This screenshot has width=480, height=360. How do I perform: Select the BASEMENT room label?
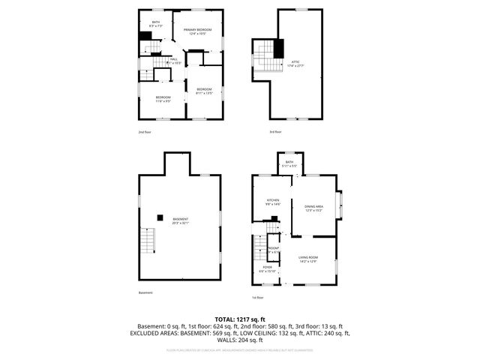pyautogui.click(x=180, y=220)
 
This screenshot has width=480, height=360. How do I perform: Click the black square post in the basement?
pyautogui.click(x=160, y=217)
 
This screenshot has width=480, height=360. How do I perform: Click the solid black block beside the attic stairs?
pyautogui.click(x=279, y=49)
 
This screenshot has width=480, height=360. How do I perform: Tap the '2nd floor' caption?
pyautogui.click(x=145, y=132)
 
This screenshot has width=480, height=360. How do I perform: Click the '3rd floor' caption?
pyautogui.click(x=275, y=132)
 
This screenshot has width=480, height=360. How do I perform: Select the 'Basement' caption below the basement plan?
pyautogui.click(x=145, y=292)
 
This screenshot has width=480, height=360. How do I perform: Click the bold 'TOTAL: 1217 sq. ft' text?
pyautogui.click(x=240, y=319)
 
